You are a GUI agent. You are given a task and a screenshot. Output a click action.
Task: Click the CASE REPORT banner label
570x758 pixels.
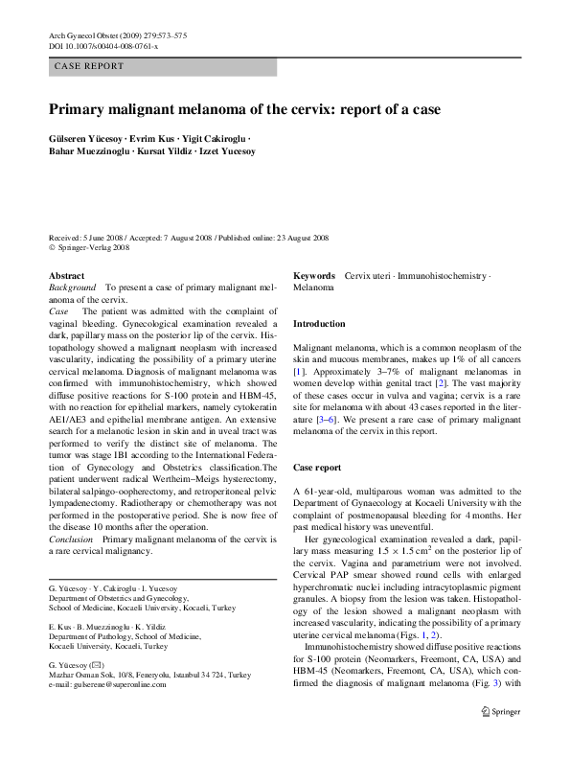pyautogui.click(x=90, y=67)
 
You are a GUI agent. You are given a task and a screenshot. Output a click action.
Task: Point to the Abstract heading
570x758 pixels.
pyautogui.click(x=66, y=275)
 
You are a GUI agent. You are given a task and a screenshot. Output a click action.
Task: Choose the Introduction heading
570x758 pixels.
pyautogui.click(x=319, y=324)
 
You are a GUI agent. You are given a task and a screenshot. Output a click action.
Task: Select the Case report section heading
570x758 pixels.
pyautogui.click(x=317, y=468)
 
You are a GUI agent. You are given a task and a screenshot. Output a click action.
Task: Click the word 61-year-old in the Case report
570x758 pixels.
pyautogui.click(x=331, y=492)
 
